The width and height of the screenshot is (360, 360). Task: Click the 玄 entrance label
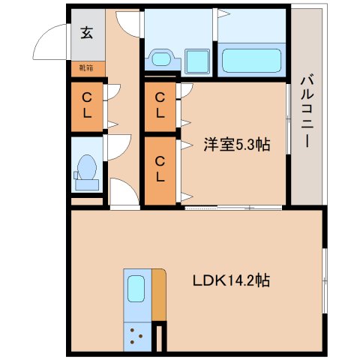tap(87, 32)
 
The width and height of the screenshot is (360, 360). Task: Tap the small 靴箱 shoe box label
tap(86, 67)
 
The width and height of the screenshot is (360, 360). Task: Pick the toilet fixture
tap(85, 172)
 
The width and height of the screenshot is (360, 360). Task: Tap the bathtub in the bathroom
tap(251, 59)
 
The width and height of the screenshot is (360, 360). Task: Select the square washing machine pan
tap(198, 60)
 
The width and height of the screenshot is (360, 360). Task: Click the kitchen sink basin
tap(136, 287)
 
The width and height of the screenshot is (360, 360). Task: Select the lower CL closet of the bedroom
tap(160, 170)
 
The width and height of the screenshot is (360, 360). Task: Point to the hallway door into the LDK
tap(124, 193)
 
